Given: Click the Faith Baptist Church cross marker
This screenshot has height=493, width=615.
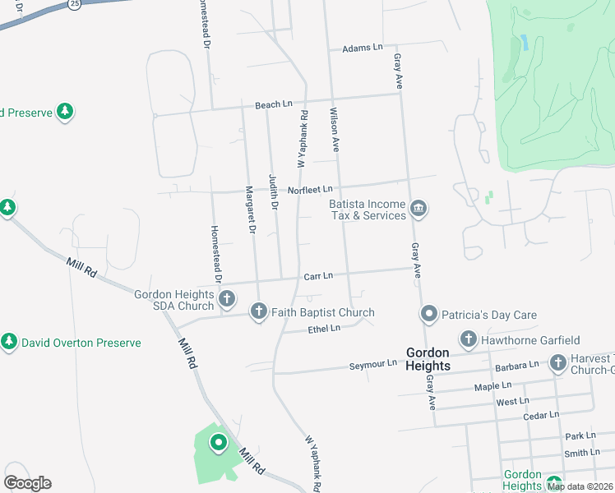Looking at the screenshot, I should click(x=259, y=311).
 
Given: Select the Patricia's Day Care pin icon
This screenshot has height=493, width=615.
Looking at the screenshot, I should click(x=428, y=314).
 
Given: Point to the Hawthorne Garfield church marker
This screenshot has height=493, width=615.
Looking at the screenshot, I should click(x=469, y=339).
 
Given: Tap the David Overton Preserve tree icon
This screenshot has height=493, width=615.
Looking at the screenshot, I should click(x=9, y=342).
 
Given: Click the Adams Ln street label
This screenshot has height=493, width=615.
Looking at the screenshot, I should click(x=363, y=48).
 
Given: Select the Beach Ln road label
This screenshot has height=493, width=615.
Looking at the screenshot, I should click(x=273, y=105).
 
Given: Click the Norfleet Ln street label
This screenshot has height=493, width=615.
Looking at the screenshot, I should click(x=310, y=190).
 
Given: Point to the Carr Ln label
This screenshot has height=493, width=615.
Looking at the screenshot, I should click(x=318, y=276).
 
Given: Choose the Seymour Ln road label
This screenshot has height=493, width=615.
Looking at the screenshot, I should click(x=372, y=363).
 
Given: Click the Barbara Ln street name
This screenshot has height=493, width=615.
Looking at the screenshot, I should click(x=516, y=363).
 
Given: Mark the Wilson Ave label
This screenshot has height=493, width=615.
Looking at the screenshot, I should click(x=335, y=130).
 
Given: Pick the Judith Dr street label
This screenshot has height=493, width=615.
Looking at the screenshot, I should click(x=273, y=191).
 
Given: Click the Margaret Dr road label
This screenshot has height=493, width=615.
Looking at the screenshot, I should click(x=248, y=210).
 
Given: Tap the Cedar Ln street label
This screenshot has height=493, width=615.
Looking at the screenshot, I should click(x=540, y=416).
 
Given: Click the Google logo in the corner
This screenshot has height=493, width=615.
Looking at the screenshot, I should click(x=27, y=483).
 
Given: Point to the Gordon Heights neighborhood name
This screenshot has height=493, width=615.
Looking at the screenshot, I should click(x=428, y=359).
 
